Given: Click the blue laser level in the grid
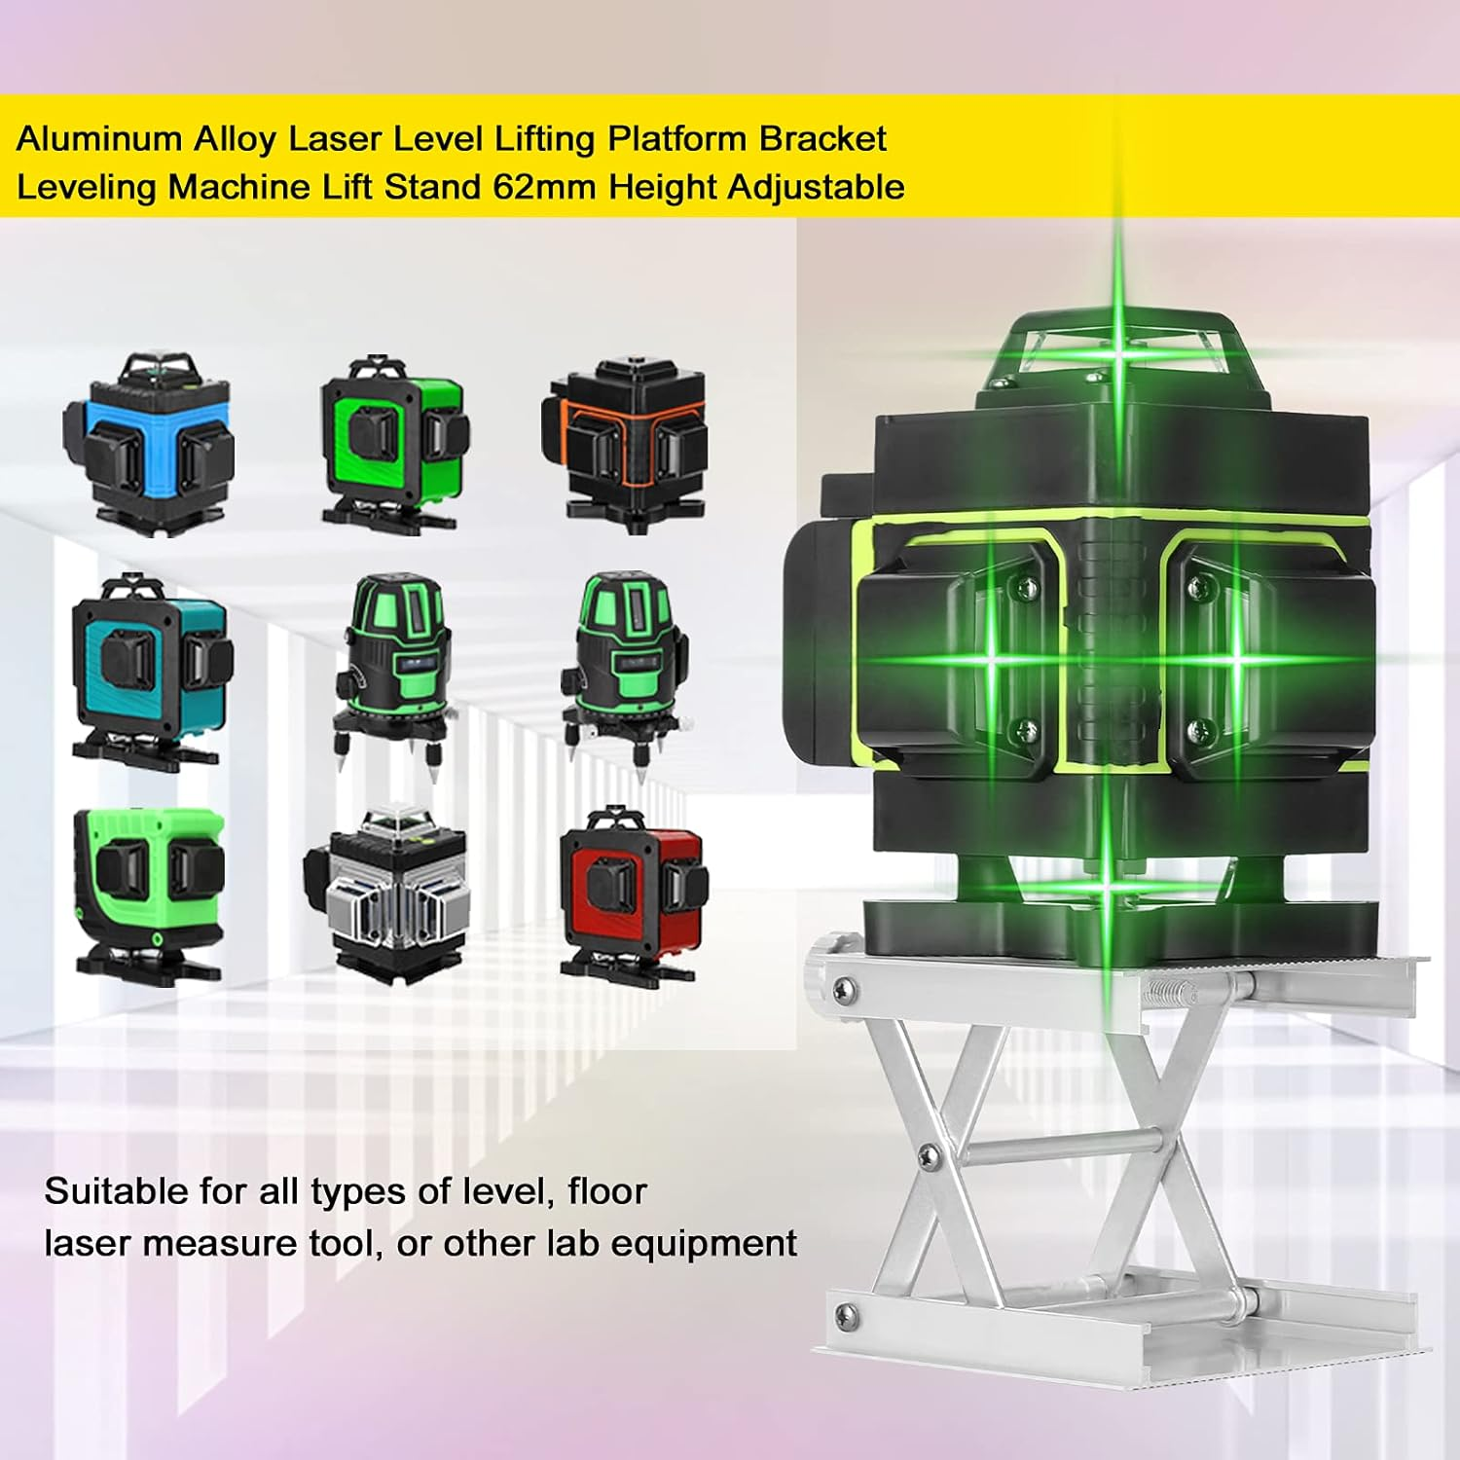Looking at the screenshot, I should point(148,443).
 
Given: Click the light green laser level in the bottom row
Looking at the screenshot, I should point(148,891).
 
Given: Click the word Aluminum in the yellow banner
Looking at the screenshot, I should point(99,139).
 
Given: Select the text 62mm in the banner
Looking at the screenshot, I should point(544,187).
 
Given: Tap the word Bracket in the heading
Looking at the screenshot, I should point(822,139).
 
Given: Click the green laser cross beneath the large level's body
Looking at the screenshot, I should point(1109,886).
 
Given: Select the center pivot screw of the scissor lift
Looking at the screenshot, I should point(928,1156).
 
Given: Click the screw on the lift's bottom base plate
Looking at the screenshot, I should point(845,1315).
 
